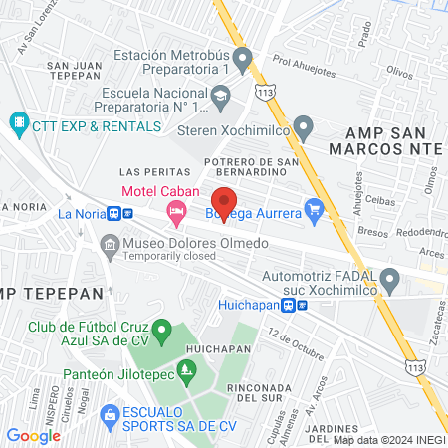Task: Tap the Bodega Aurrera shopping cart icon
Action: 316,209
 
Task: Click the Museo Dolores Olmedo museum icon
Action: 108,244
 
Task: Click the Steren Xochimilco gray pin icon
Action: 306,127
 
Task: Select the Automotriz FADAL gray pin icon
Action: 392,284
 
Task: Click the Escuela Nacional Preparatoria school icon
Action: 222,97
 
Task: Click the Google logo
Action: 34,435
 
